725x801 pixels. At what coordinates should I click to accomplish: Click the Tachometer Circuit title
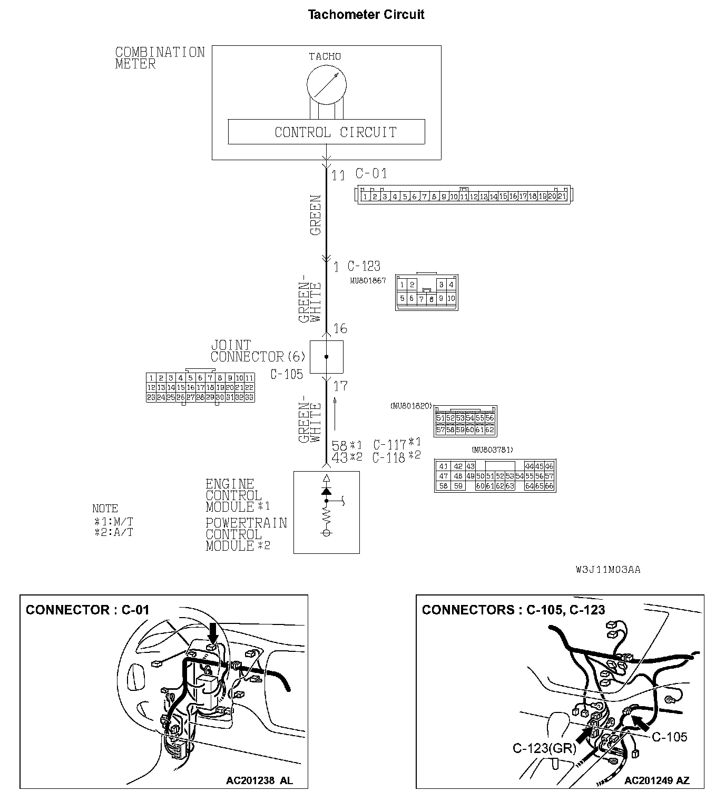pyautogui.click(x=366, y=14)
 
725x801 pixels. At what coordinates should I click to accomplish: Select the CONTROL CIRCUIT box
pyautogui.click(x=326, y=132)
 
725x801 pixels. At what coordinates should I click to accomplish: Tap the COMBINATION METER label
pyautogui.click(x=159, y=58)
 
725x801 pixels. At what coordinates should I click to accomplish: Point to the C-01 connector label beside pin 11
pyautogui.click(x=371, y=173)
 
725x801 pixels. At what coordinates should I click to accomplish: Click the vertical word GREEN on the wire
pyautogui.click(x=315, y=215)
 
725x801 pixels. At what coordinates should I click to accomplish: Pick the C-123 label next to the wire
pyautogui.click(x=364, y=266)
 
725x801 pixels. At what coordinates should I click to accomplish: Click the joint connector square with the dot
pyautogui.click(x=326, y=357)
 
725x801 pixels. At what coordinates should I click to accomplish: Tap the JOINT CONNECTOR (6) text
pyautogui.click(x=257, y=351)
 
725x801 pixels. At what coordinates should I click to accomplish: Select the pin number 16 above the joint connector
pyautogui.click(x=340, y=329)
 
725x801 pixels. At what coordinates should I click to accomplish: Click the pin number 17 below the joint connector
pyautogui.click(x=340, y=386)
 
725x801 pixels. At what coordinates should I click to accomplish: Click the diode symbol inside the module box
pyautogui.click(x=326, y=491)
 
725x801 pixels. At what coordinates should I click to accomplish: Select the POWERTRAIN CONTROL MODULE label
pyautogui.click(x=246, y=534)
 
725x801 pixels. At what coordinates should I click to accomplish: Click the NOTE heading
pyautogui.click(x=105, y=509)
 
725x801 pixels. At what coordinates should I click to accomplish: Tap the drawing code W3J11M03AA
pyautogui.click(x=608, y=570)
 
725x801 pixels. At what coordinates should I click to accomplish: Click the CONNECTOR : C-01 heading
pyautogui.click(x=87, y=610)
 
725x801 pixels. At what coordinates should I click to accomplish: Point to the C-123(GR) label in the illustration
pyautogui.click(x=544, y=748)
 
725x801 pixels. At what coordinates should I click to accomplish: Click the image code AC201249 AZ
pyautogui.click(x=657, y=780)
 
